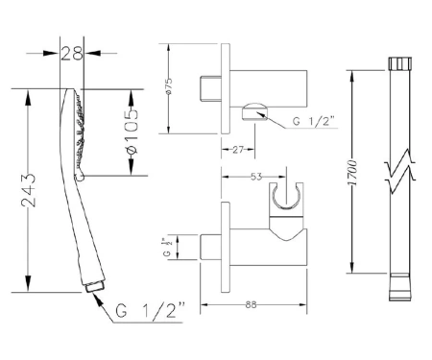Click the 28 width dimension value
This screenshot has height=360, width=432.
tap(72, 53)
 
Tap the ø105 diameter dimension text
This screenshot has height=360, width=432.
tap(132, 132)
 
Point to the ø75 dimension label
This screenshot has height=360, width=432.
tap(169, 85)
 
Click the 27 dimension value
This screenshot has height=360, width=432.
tap(238, 150)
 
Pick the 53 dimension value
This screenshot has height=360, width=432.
tap(256, 177)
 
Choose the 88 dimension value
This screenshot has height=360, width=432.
tap(252, 304)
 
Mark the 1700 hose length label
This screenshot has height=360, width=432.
tap(352, 173)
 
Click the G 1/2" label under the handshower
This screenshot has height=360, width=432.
tap(150, 310)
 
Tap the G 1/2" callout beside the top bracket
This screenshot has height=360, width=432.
tap(313, 122)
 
